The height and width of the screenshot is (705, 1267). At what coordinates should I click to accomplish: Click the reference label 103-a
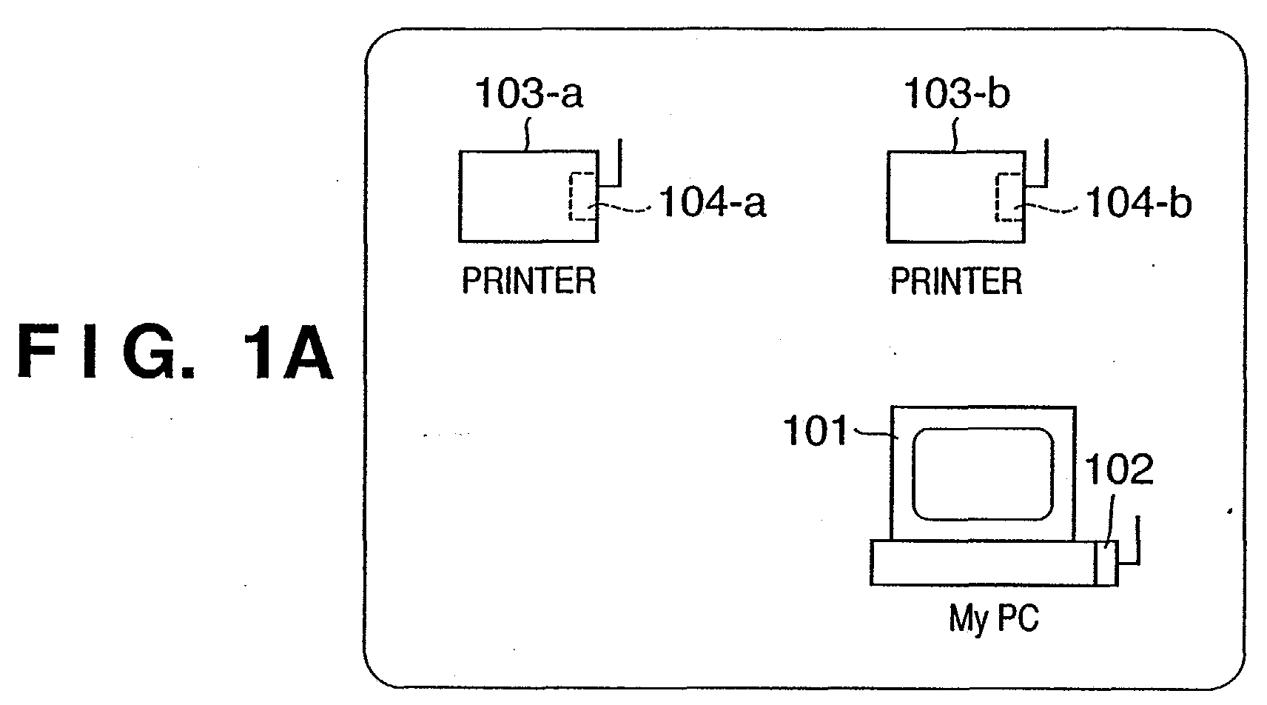point(529,93)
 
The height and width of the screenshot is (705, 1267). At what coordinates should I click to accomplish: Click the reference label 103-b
point(957,93)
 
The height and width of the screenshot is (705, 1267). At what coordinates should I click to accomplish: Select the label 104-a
point(713,202)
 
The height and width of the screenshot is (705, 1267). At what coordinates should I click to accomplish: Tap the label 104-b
point(1139,202)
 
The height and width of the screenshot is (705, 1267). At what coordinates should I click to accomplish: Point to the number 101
point(815,430)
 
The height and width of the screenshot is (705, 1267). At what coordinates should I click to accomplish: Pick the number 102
point(1119,469)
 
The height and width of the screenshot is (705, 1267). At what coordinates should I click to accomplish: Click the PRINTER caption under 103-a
point(529,281)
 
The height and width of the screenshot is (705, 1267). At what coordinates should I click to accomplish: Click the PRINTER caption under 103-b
point(956,281)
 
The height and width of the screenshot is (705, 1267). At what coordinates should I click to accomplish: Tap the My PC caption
point(994,618)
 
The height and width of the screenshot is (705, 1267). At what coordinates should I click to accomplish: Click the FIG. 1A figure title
point(175,351)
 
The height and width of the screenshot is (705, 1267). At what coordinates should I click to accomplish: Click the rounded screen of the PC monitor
point(983,474)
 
